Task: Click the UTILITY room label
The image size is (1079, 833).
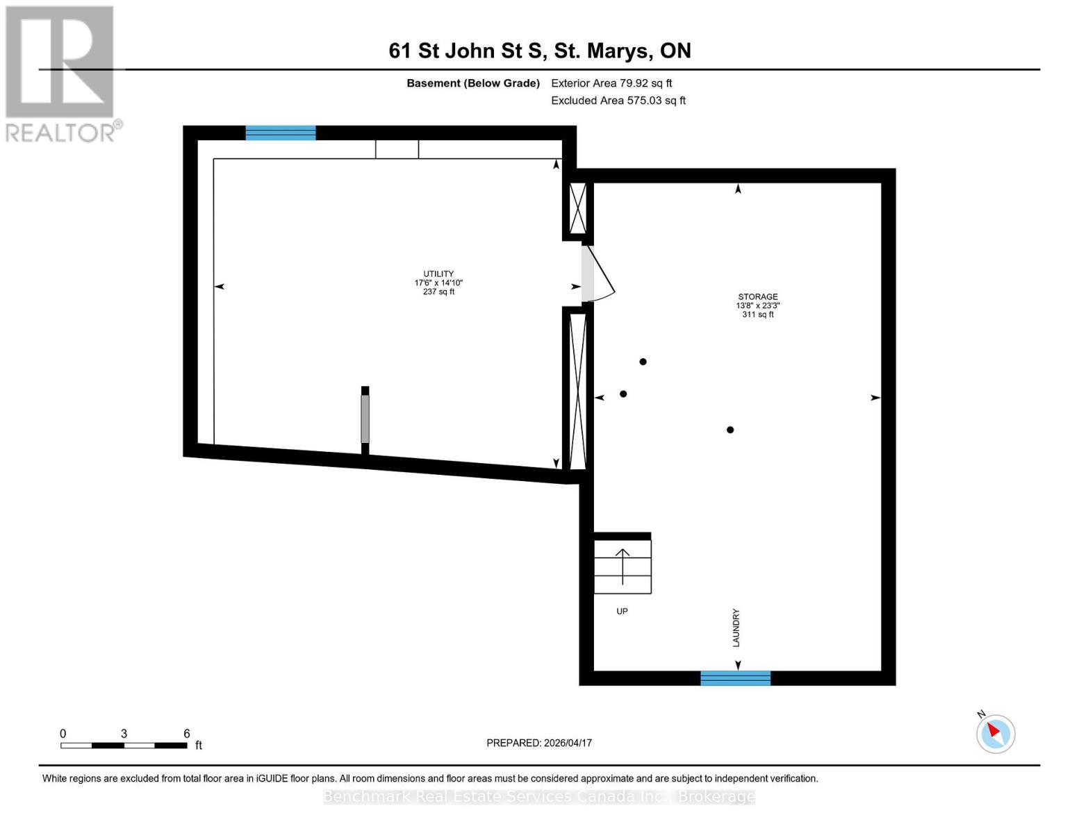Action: point(438,274)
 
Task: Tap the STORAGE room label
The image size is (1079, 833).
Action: point(757,296)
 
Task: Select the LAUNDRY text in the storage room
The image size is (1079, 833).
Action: point(736,628)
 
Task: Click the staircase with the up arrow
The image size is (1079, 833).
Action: point(623,566)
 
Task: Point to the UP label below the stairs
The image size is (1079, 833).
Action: point(622,612)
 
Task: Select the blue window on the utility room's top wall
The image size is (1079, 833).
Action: point(281,133)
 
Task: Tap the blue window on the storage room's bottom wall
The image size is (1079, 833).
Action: point(735,678)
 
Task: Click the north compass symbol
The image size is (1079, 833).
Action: point(996,733)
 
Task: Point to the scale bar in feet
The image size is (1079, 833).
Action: point(124,745)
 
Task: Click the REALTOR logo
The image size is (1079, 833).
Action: point(60,74)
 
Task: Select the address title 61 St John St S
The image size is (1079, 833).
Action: point(539,51)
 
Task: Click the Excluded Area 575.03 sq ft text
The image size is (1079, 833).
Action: point(618,101)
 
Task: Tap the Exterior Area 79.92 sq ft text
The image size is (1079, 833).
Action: point(611,83)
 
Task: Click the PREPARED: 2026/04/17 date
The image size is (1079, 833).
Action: point(539,743)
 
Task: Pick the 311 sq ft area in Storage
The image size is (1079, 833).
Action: point(757,314)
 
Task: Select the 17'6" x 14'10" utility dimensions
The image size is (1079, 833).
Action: point(438,283)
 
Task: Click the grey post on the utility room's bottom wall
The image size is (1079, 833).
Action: point(365,419)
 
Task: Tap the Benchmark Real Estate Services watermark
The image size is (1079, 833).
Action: point(539,796)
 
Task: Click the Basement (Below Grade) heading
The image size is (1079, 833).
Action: point(473,83)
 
